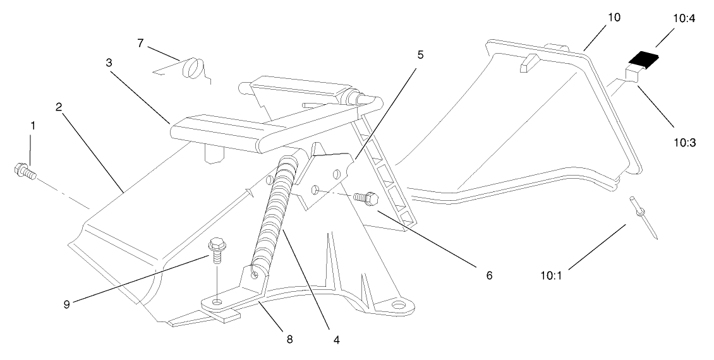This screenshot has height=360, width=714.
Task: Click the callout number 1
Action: click(33, 125)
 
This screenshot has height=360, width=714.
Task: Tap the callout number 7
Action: click(141, 42)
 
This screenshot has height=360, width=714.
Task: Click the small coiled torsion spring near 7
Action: click(193, 68)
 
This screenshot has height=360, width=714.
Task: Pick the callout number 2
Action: click(57, 107)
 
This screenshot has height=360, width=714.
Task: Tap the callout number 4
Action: click(337, 340)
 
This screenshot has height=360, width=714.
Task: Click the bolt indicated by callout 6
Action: click(365, 198)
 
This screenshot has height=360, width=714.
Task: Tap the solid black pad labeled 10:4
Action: click(643, 61)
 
